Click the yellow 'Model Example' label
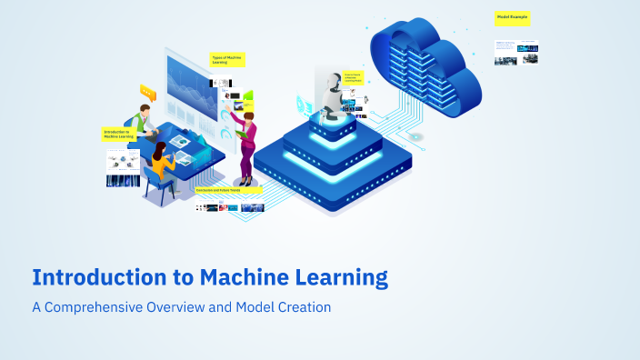[512, 17]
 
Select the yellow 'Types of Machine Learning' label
[227, 60]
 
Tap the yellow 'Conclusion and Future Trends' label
[228, 190]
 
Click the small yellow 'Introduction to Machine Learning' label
[117, 134]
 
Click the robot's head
[331, 76]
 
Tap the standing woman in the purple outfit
[246, 141]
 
